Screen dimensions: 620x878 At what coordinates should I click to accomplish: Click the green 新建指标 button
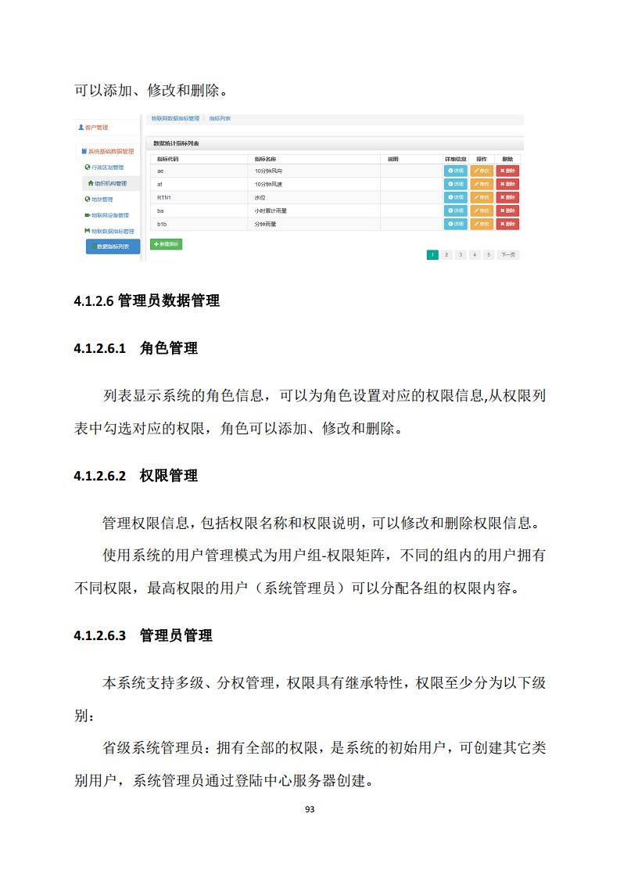pyautogui.click(x=166, y=244)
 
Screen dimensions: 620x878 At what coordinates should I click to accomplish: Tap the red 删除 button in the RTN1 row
pyautogui.click(x=508, y=197)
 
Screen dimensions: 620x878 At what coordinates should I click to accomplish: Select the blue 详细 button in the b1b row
pyautogui.click(x=456, y=224)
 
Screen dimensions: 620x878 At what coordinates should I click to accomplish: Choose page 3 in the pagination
pyautogui.click(x=461, y=254)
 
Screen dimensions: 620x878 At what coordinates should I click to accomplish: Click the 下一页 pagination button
pyautogui.click(x=508, y=254)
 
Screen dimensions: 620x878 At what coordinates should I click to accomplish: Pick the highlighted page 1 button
pyautogui.click(x=432, y=254)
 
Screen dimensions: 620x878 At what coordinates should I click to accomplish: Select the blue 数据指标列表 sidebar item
pyautogui.click(x=113, y=246)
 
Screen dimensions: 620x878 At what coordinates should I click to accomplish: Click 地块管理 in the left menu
pyautogui.click(x=102, y=199)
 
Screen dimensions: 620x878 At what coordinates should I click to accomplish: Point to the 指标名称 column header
pyautogui.click(x=266, y=159)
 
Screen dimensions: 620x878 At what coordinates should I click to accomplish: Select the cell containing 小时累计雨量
pyautogui.click(x=271, y=211)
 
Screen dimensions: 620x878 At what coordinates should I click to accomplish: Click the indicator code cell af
pyautogui.click(x=160, y=184)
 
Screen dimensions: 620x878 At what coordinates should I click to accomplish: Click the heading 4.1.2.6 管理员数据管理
pyautogui.click(x=146, y=300)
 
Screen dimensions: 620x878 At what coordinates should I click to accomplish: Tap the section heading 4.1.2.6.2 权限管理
pyautogui.click(x=135, y=476)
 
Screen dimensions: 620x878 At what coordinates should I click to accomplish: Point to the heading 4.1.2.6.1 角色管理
pyautogui.click(x=135, y=348)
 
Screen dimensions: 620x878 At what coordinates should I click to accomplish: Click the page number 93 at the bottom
pyautogui.click(x=310, y=809)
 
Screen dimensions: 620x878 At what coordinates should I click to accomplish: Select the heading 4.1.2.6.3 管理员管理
pyautogui.click(x=143, y=635)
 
